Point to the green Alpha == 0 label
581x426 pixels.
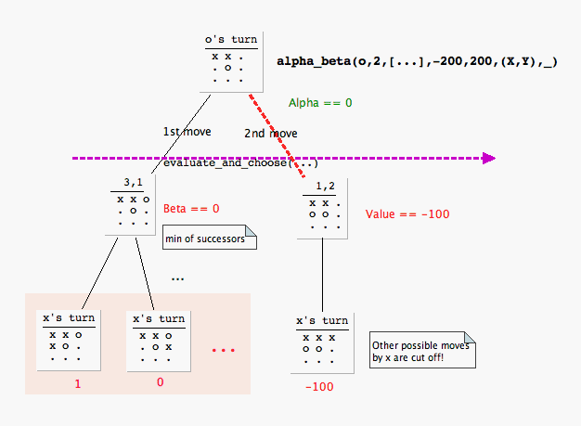point(320,102)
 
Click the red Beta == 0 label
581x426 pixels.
point(191,208)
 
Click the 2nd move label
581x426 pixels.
point(270,133)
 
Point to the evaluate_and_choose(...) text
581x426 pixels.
point(241,163)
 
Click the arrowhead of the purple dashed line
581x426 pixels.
point(486,159)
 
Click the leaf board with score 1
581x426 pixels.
point(65,340)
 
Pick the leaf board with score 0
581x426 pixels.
point(159,340)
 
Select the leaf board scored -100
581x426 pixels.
point(322,342)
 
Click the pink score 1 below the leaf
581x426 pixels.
point(78,381)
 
